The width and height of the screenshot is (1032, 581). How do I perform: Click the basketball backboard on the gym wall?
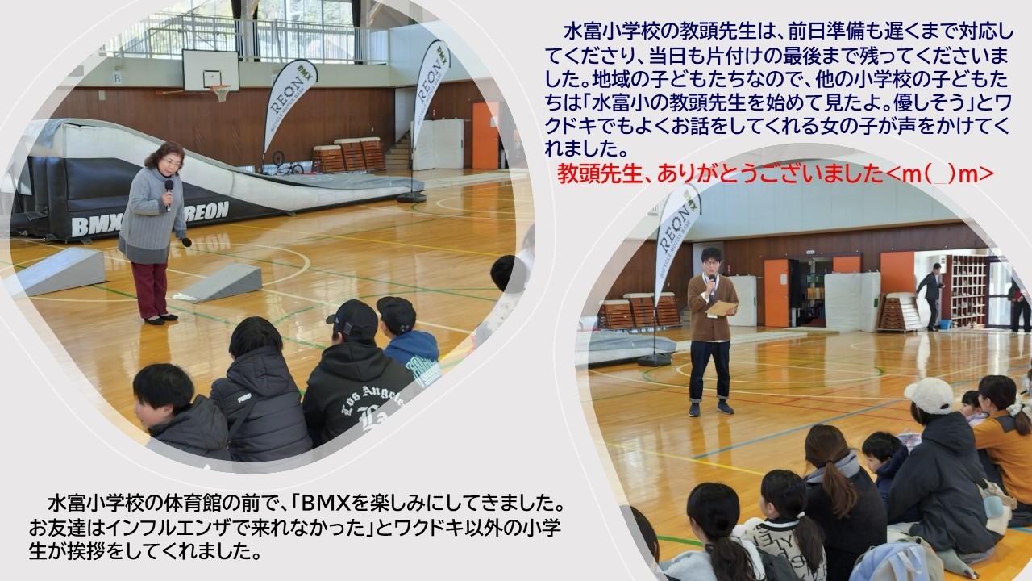pos(210,71)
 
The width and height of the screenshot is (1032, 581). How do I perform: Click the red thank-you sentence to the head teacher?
pos(775,173)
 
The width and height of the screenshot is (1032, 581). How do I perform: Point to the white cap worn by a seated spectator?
pos(929,395)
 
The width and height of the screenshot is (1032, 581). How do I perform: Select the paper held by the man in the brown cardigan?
pos(721,307)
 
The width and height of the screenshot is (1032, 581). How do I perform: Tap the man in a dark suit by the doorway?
pos(930,295)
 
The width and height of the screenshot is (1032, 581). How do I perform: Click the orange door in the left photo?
pos(485,135)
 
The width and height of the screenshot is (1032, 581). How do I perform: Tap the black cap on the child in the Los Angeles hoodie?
pos(354,317)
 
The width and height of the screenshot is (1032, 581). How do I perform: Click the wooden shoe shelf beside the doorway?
pos(967,290)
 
